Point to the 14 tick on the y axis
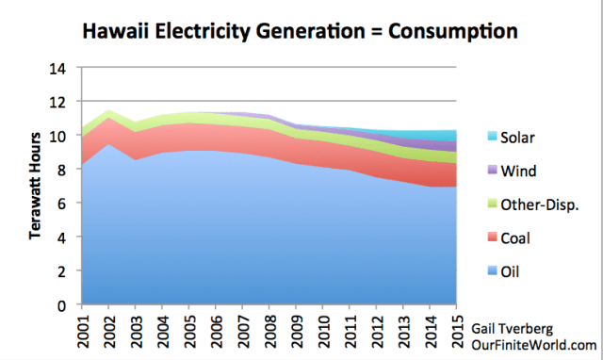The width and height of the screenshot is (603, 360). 60,68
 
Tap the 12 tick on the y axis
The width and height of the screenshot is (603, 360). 60,102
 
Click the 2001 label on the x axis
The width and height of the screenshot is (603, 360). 82,331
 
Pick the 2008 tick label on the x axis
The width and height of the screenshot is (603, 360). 269,331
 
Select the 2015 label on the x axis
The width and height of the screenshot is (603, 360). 457,331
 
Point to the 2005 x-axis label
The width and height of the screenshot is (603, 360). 189,331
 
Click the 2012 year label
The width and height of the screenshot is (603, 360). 377,331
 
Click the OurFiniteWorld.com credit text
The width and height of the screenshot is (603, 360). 532,344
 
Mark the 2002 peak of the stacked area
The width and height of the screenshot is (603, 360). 109,110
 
